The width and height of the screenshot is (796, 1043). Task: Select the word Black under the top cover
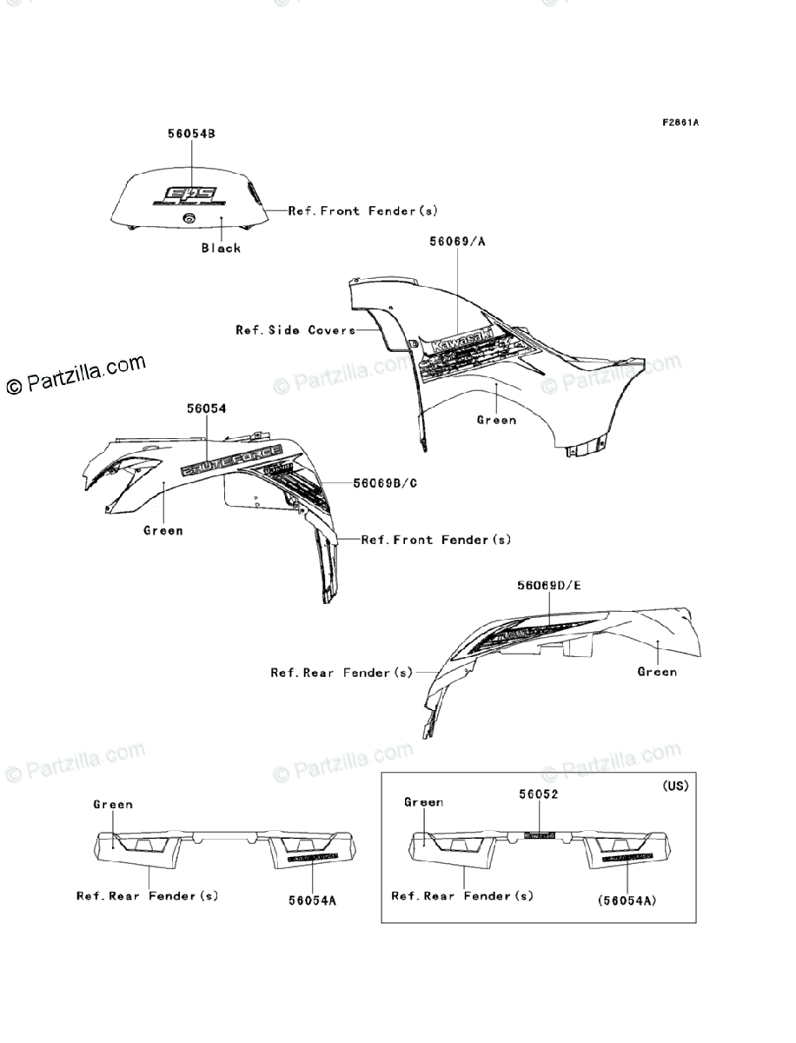click(x=221, y=248)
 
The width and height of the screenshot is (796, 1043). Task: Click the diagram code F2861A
click(x=680, y=123)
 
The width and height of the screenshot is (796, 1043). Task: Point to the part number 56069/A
click(x=456, y=241)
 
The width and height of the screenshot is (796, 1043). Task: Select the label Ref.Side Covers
click(x=295, y=330)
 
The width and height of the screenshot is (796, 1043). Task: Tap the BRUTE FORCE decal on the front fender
click(x=231, y=460)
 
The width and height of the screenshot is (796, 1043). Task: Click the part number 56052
click(x=539, y=794)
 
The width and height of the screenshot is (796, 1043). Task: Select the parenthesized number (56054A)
click(x=625, y=901)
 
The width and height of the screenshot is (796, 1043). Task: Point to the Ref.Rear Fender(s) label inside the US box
click(x=462, y=895)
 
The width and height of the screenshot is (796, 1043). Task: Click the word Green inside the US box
click(x=423, y=802)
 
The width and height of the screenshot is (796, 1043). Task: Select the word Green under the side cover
click(x=496, y=420)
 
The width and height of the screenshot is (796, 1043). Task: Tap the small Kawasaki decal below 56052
click(x=539, y=835)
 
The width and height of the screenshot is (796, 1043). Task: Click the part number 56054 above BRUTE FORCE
click(x=206, y=407)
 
